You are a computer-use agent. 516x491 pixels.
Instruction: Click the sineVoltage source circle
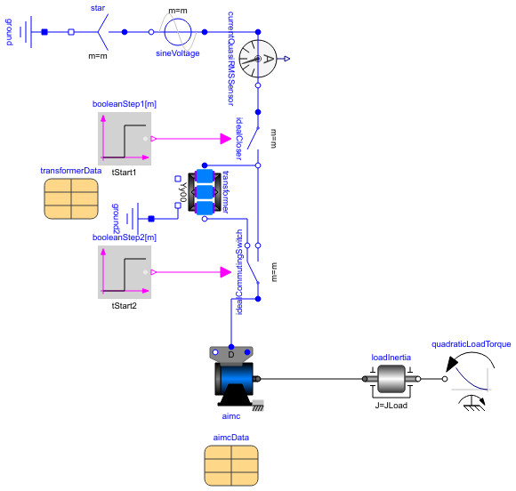[178, 32]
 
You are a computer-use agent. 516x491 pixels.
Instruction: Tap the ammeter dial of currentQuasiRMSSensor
[258, 60]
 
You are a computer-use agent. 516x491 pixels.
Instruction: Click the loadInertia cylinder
[391, 380]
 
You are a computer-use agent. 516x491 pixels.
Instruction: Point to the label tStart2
[125, 305]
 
